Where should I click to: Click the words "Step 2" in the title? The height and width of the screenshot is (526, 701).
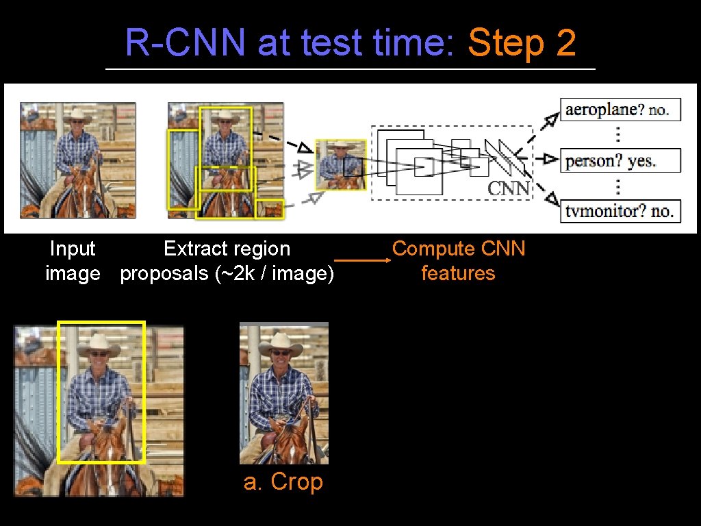point(522,43)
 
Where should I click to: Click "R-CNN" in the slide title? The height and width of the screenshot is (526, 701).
point(185,43)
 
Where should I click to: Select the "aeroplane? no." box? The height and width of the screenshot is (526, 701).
point(620,110)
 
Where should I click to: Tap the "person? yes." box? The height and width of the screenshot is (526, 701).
point(620,161)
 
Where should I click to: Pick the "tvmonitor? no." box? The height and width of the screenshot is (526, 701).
point(620,211)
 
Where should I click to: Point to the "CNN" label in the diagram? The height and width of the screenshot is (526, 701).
point(508,188)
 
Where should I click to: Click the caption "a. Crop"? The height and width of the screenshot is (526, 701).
point(283,481)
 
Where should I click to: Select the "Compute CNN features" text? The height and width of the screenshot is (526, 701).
point(458,261)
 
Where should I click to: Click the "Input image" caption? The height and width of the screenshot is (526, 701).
point(73,261)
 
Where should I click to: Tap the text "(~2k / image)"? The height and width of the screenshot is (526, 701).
point(275,273)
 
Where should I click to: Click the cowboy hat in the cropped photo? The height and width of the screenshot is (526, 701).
point(281,343)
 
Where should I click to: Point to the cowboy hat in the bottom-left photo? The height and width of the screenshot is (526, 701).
point(99,345)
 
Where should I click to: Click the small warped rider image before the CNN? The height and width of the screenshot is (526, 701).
point(340,164)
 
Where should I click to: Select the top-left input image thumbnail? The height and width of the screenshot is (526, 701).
point(77,160)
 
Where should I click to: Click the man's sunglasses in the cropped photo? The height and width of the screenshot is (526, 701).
point(280,353)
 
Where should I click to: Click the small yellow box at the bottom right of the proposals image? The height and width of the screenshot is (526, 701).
point(269,208)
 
